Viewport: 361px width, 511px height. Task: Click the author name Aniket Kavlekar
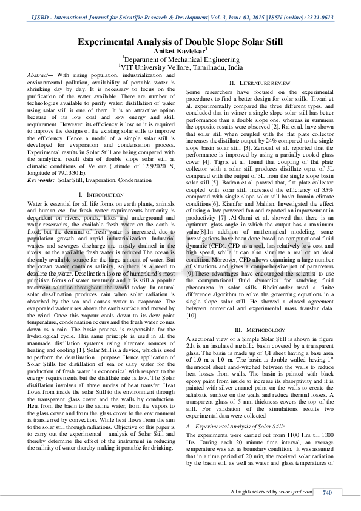click(180, 51)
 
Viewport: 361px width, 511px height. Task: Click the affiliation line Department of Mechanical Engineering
click(181, 59)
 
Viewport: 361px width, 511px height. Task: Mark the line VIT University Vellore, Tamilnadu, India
click(181, 68)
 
